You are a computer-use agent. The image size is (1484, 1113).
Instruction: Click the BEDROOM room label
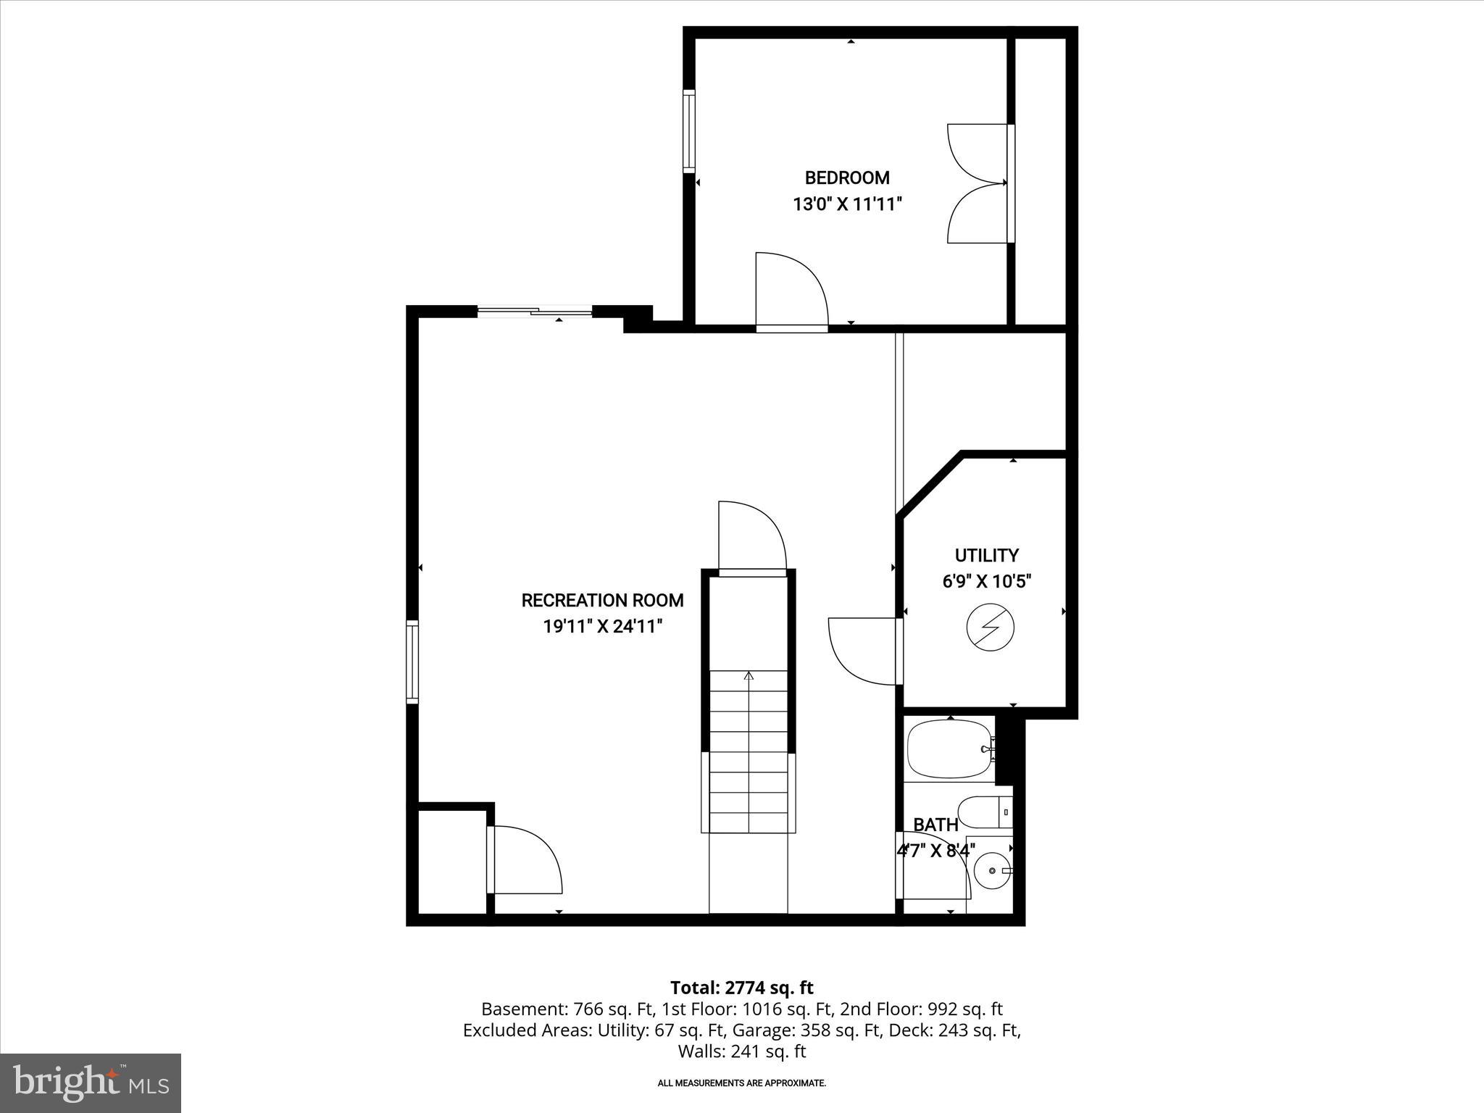click(847, 178)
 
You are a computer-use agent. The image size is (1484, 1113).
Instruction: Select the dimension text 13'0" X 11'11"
click(847, 204)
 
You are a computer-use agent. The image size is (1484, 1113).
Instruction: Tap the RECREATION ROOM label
click(602, 600)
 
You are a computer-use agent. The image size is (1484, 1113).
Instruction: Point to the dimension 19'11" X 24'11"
click(603, 627)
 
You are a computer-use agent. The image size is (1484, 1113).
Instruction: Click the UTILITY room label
click(986, 555)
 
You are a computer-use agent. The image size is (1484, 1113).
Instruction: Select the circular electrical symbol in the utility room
click(990, 628)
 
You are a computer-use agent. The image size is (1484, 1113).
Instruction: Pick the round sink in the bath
click(991, 872)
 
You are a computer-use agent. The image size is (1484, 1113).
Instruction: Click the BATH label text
click(935, 825)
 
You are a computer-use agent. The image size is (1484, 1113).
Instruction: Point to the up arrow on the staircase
click(749, 677)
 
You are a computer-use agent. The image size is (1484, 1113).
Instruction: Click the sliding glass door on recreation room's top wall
click(535, 312)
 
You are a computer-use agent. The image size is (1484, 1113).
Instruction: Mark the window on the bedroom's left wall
click(688, 131)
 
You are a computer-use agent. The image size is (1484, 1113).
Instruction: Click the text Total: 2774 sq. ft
click(741, 988)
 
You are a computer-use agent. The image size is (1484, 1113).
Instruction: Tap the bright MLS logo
click(91, 1083)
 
